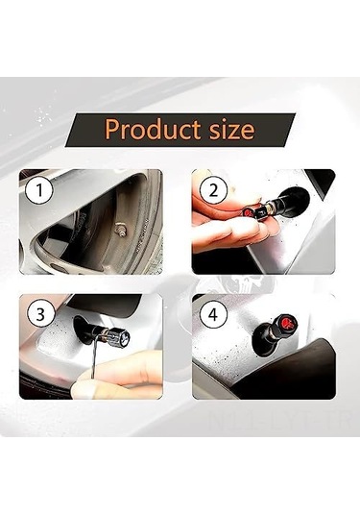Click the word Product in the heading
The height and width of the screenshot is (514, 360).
click(147, 128)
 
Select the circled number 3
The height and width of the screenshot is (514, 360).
click(37, 313)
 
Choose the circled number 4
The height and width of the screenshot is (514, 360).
click(213, 313)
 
